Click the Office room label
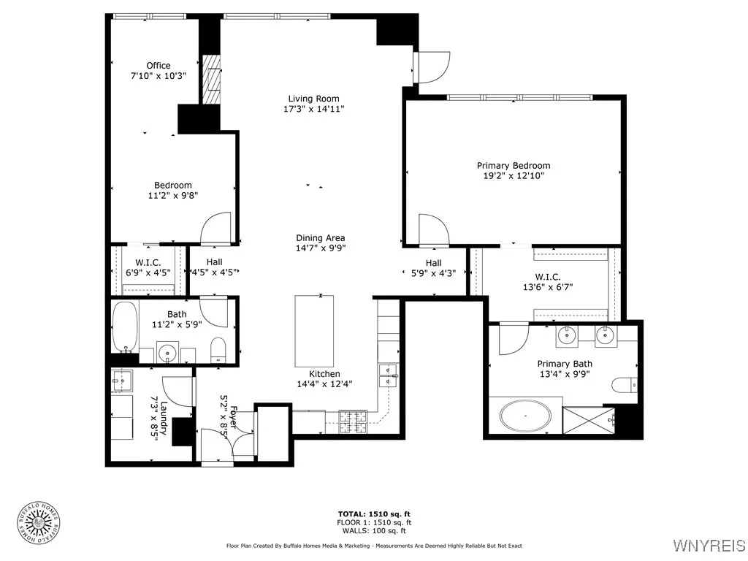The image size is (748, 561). [158, 66]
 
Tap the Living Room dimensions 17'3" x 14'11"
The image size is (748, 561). [313, 109]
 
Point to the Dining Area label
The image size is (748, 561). [320, 238]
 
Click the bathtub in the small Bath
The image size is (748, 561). [124, 327]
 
